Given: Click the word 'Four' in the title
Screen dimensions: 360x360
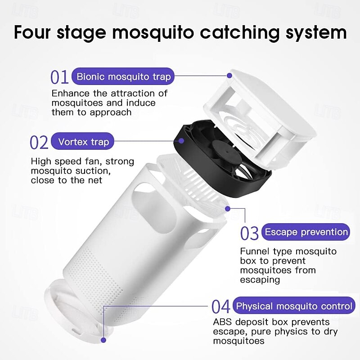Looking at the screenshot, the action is tap(32, 32).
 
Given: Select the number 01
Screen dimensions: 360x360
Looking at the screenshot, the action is tap(59, 77).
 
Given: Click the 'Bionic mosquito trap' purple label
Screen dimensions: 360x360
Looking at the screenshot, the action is tap(123, 76).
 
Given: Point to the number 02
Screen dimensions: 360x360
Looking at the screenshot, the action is tap(39, 142).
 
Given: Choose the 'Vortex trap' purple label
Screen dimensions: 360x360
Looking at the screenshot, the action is tap(83, 142).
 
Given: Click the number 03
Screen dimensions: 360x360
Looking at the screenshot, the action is tap(249, 233).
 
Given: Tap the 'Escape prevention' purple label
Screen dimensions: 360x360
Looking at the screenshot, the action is tap(306, 232).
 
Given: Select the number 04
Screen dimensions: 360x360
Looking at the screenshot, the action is tap(220, 307).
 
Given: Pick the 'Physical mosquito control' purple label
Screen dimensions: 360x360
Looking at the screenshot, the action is tap(294, 306).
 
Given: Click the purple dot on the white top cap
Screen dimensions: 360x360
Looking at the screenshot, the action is tap(229, 75).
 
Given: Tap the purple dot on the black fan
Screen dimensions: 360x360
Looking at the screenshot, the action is tap(181, 141).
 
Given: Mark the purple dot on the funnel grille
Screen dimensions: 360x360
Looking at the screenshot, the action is tap(228, 209).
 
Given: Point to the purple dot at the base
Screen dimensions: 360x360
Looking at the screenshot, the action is tap(103, 340).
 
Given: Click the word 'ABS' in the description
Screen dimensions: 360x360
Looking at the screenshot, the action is tap(222, 322).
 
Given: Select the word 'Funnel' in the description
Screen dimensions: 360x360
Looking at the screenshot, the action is tap(255, 252).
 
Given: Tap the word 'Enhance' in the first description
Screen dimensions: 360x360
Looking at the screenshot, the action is tap(71, 94).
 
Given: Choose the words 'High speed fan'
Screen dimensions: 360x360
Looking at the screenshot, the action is tap(66, 162).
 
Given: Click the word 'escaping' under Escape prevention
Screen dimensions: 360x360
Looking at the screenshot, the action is tap(260, 280).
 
